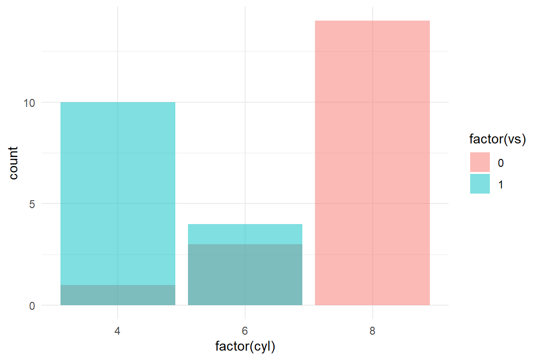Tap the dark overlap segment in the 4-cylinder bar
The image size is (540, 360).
pos(118,295)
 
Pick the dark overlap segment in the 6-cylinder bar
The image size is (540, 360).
pos(245,274)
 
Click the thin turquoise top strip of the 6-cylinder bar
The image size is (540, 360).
pos(245,234)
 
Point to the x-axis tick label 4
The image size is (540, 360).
pos(118,331)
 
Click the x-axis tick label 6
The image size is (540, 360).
pos(245,331)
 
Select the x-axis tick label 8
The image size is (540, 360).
pos(372,331)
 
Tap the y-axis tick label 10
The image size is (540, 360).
pos(30,103)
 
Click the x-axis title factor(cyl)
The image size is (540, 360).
pos(245,347)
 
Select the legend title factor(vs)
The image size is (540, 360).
pos(497,139)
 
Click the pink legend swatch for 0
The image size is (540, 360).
pos(480,162)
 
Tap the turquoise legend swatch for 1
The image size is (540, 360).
pos(480,184)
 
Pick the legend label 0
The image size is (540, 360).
pos(501,163)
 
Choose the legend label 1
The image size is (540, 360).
pos(501,185)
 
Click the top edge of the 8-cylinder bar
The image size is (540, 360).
pos(372,21)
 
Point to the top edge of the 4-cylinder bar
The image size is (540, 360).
pos(118,103)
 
